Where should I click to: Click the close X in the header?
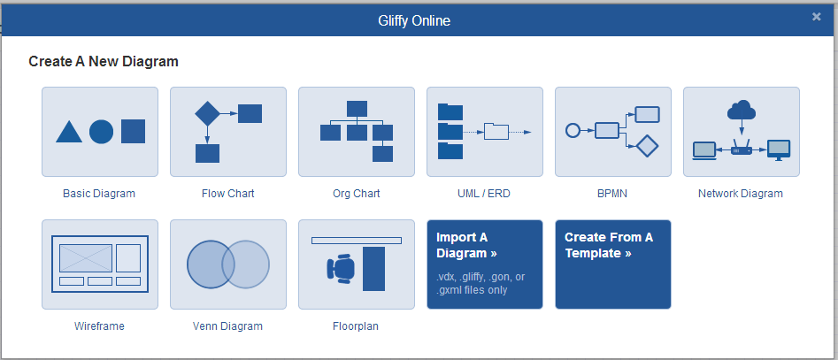[x=816, y=17]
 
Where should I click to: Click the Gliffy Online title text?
[x=414, y=21]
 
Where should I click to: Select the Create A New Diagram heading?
[x=104, y=61]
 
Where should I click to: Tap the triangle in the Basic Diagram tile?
[x=69, y=133]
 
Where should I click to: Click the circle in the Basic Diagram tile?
[x=101, y=132]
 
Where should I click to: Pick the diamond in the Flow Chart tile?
[x=207, y=112]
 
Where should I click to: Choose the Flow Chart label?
[x=228, y=194]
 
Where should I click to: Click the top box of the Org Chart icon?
[x=357, y=109]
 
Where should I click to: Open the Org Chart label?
[x=357, y=194]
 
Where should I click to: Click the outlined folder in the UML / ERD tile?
[x=496, y=132]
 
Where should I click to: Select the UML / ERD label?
[x=484, y=194]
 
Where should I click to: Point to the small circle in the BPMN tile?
[x=573, y=130]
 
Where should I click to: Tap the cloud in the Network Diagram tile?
[x=742, y=111]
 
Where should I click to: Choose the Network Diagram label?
[x=741, y=194]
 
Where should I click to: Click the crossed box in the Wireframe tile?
[x=86, y=258]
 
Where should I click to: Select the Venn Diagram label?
[x=227, y=326]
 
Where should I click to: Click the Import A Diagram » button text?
[x=466, y=245]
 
